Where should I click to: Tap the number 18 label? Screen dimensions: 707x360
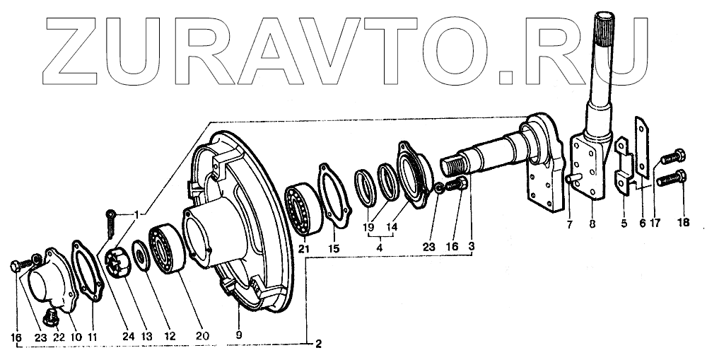[683, 222]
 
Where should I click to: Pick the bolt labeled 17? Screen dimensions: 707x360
[672, 156]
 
